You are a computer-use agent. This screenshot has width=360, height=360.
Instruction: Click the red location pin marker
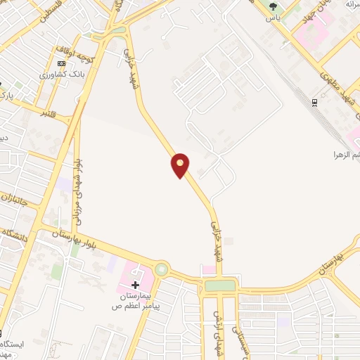pyautogui.click(x=180, y=165)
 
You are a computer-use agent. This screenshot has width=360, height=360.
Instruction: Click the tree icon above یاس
pyautogui.click(x=272, y=8)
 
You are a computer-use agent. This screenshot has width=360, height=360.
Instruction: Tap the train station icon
pyautogui.click(x=314, y=102)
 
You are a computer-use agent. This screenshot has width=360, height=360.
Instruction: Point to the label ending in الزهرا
pyautogui.click(x=346, y=154)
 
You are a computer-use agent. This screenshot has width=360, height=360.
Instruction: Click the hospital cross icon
pyautogui.click(x=135, y=285)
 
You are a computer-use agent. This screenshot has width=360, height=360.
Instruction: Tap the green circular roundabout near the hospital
pyautogui.click(x=162, y=269)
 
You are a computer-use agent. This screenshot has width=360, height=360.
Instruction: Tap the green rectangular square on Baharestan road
pyautogui.click(x=220, y=286)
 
